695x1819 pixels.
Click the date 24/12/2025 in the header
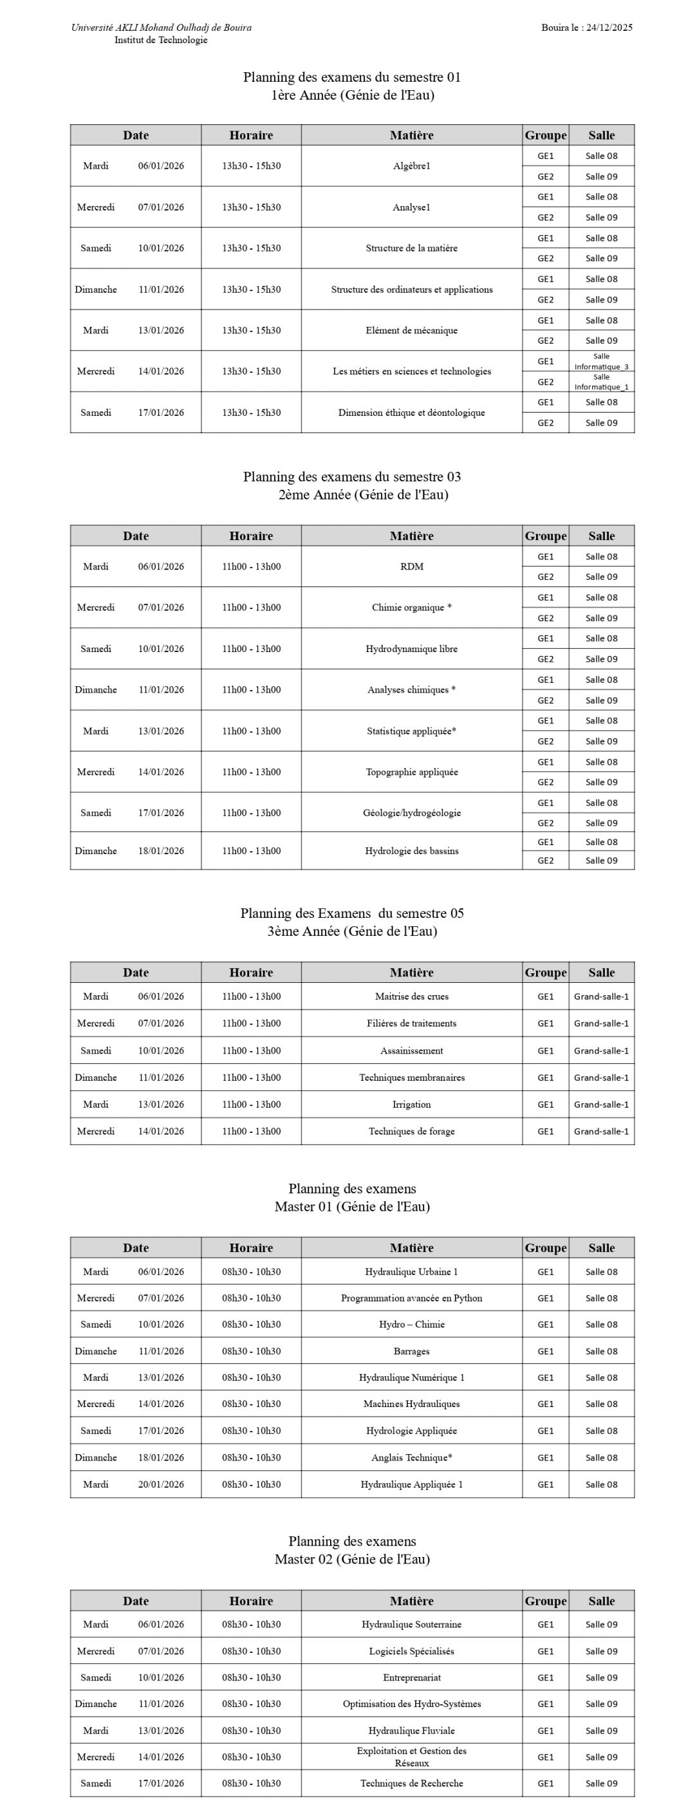point(609,28)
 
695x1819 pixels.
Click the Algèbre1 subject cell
point(411,166)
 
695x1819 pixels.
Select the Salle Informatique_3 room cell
point(601,362)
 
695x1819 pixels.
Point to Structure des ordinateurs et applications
point(411,290)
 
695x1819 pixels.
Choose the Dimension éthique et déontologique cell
point(411,413)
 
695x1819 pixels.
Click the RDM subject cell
point(411,566)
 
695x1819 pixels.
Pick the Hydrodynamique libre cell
point(411,648)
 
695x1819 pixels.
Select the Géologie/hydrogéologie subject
point(411,813)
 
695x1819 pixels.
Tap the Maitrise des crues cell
point(411,996)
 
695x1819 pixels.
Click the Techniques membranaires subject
point(411,1077)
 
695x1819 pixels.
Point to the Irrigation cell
point(411,1105)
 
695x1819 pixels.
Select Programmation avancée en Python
point(411,1298)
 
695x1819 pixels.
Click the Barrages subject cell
point(411,1351)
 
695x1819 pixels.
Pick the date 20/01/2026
point(161,1484)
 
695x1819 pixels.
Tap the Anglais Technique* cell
point(411,1457)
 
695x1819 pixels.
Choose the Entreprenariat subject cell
point(411,1677)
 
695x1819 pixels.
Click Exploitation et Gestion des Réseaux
point(411,1757)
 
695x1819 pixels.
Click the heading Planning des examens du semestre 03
point(352,477)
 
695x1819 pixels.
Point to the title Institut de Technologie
point(161,41)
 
